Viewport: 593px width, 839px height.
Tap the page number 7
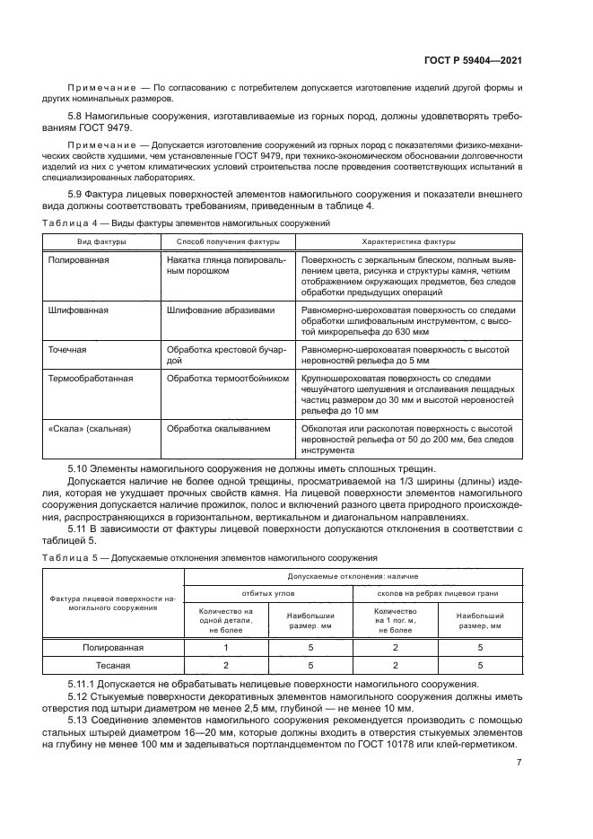point(519,763)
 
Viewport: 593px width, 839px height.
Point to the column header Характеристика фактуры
point(408,241)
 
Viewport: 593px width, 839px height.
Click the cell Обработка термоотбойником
point(227,379)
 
